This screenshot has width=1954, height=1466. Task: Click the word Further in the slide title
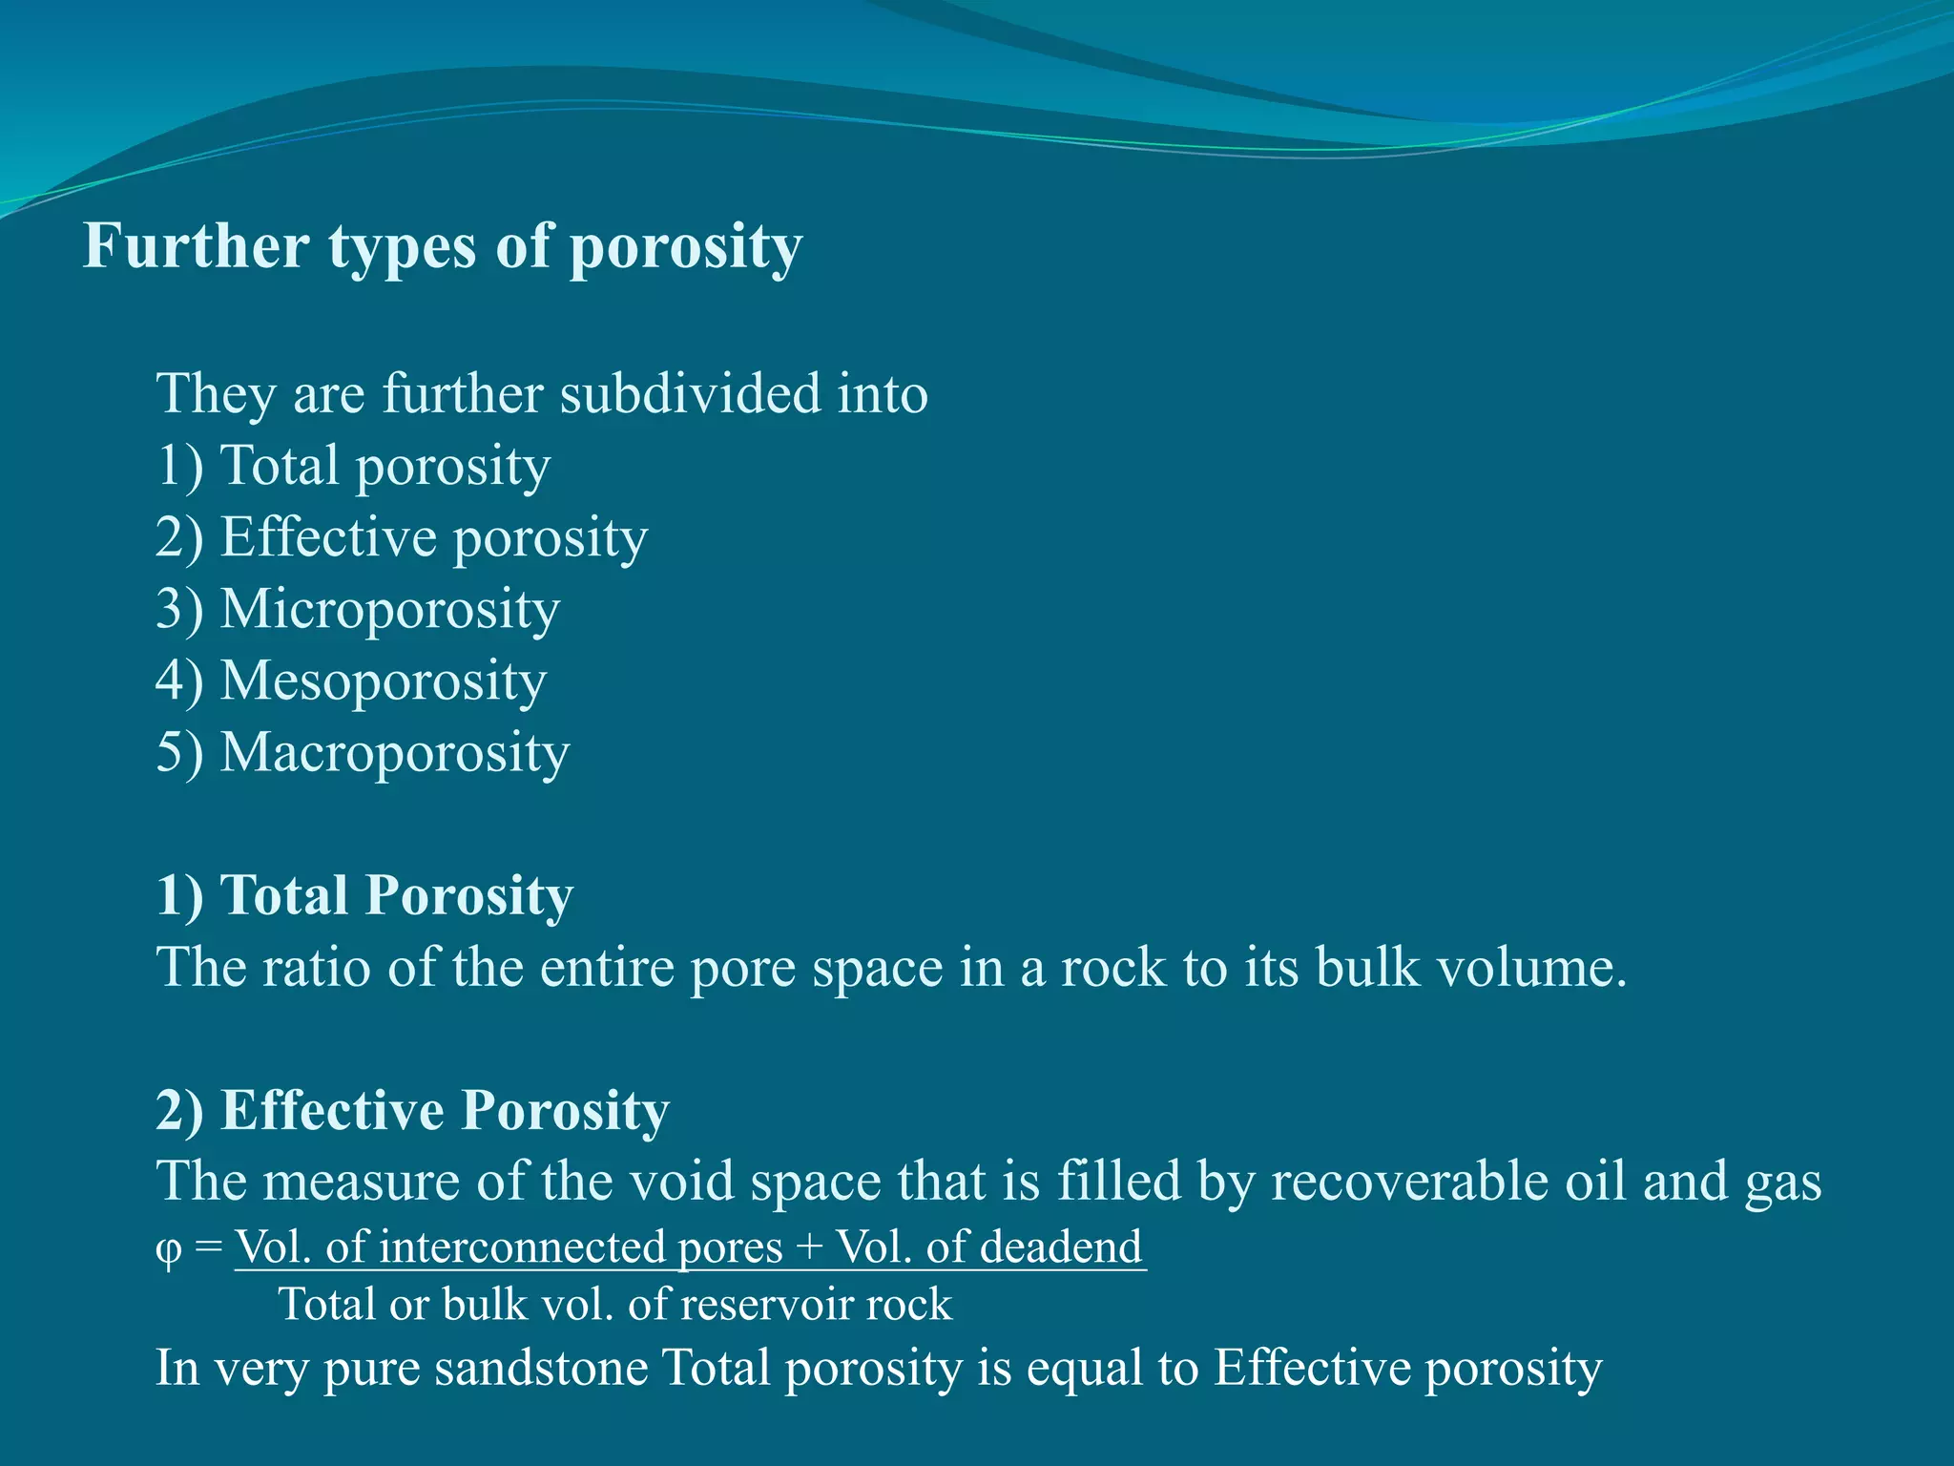pos(196,246)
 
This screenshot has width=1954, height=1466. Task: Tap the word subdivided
pos(689,393)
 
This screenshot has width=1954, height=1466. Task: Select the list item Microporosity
pos(389,609)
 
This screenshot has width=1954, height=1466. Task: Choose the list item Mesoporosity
pos(383,681)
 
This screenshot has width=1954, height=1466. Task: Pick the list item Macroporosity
pos(394,752)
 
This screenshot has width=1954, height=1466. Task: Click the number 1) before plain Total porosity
pos(179,466)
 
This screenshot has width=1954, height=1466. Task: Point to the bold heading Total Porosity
pos(396,895)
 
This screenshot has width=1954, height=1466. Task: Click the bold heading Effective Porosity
pos(445,1110)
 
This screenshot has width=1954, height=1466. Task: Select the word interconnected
pos(521,1246)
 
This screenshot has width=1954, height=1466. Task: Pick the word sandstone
pos(542,1368)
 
